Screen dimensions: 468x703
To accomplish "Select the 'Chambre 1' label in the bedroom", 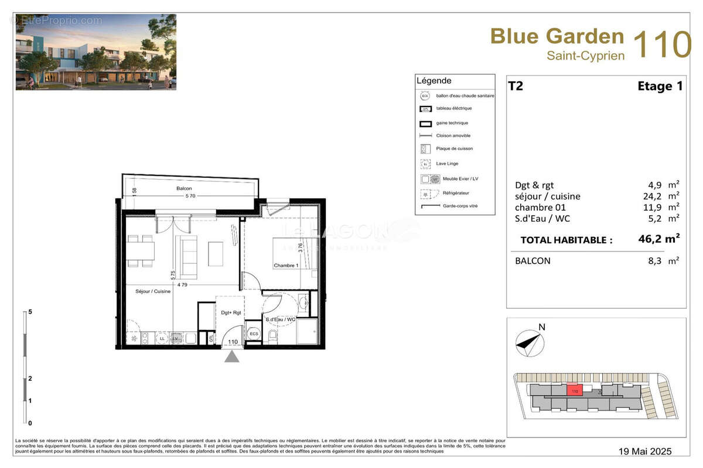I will click(286, 266).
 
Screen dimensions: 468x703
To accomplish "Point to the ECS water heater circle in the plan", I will click(254, 333).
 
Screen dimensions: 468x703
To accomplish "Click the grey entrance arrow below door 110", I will click(232, 356).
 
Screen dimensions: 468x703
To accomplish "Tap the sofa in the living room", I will click(189, 257).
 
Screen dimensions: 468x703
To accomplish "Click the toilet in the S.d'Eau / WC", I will click(272, 335).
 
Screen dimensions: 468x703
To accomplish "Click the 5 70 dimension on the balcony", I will click(190, 196).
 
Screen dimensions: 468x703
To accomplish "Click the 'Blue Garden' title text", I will click(557, 36).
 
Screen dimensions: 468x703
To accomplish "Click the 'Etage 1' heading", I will click(660, 86).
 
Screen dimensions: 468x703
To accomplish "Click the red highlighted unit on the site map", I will click(574, 390).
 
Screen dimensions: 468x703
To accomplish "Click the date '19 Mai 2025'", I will click(645, 451).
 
